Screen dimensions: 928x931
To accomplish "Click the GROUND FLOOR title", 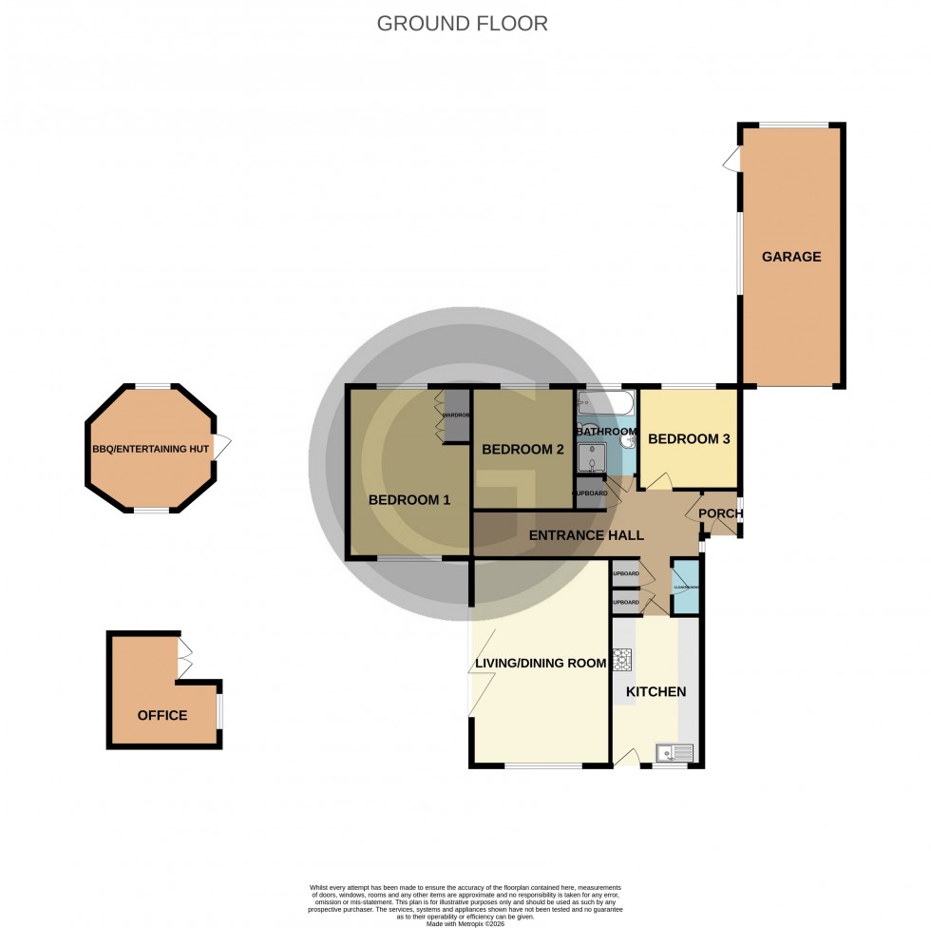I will point(463,24).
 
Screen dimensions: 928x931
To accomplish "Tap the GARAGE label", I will point(790,257).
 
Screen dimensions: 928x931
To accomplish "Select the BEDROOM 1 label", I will point(409,500).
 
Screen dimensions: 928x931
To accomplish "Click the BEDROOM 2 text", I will point(523,450).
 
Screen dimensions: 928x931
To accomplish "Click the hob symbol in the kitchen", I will point(622,660).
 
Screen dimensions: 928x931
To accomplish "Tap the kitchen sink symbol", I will point(675,753).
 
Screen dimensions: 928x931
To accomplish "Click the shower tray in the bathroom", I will point(592,461).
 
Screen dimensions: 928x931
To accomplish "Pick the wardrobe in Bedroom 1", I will point(457,416).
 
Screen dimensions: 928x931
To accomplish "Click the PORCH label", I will point(721,514).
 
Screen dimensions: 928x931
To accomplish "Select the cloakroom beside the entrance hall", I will point(685,588).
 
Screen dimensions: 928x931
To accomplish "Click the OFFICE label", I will point(162,715).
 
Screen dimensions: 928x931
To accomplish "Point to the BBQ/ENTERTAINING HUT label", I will point(151,450).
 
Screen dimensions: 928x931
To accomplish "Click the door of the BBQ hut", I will point(222,447).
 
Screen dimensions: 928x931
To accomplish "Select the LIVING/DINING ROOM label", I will point(540,663).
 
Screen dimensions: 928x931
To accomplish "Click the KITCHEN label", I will point(655,691).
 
